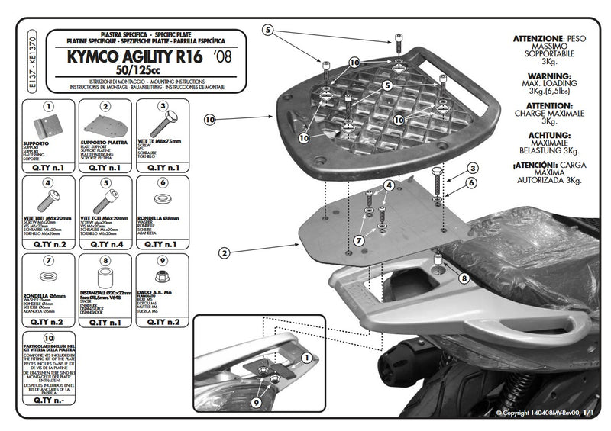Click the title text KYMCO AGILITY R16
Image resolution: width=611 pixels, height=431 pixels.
134,56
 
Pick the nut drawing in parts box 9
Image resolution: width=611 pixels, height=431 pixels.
163,277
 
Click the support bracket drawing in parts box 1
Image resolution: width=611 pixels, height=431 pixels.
48,127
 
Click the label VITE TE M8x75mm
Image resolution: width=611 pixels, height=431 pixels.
162,142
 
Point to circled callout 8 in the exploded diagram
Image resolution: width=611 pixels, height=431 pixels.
464,278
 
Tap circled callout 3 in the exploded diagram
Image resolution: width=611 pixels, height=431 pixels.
474,168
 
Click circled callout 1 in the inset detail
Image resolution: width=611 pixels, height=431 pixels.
307,357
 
